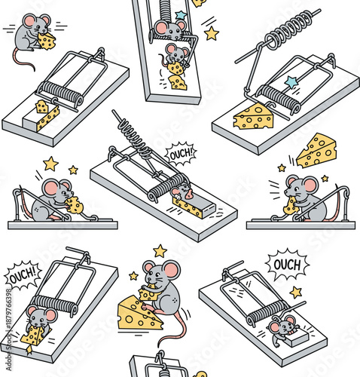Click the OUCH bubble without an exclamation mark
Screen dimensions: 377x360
[287, 265]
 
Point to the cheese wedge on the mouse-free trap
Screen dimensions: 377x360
[253, 117]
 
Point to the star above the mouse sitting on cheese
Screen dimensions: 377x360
[160, 250]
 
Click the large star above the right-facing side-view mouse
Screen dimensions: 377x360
[50, 163]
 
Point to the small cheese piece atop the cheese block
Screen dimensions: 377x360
[42, 107]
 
